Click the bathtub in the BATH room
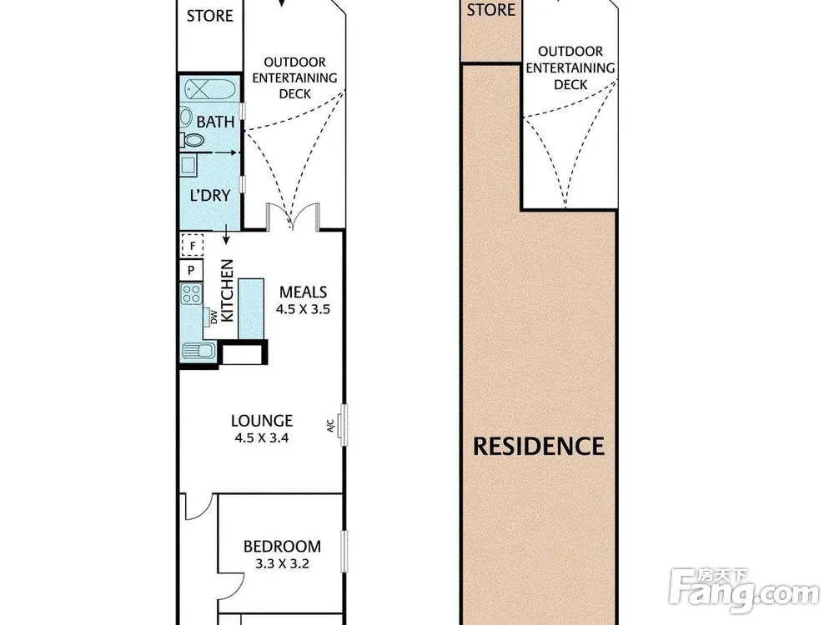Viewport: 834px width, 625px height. pyautogui.click(x=211, y=89)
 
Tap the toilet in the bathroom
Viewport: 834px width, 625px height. pyautogui.click(x=192, y=140)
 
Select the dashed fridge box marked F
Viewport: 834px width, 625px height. pyautogui.click(x=192, y=246)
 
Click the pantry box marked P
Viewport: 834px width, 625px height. pyautogui.click(x=191, y=271)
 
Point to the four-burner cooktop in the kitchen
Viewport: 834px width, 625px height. pyautogui.click(x=192, y=293)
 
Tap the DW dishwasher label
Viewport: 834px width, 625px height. pyautogui.click(x=214, y=317)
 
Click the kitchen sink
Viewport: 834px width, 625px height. pyautogui.click(x=198, y=350)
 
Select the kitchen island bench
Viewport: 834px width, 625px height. pyautogui.click(x=250, y=309)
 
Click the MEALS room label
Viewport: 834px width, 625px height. pyautogui.click(x=304, y=292)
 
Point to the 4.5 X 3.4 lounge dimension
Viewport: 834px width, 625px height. pyautogui.click(x=262, y=438)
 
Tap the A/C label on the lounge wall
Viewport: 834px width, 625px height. pyautogui.click(x=330, y=425)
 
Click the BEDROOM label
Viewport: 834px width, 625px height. pyautogui.click(x=282, y=547)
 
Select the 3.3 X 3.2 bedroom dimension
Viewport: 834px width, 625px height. pyautogui.click(x=282, y=564)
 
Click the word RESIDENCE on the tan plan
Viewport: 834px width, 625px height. pyautogui.click(x=539, y=447)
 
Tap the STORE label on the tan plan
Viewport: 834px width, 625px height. pyautogui.click(x=491, y=9)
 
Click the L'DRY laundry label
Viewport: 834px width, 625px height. pyautogui.click(x=210, y=196)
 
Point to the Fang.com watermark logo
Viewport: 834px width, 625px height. pyautogui.click(x=744, y=590)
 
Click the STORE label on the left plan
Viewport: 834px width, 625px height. pyautogui.click(x=209, y=16)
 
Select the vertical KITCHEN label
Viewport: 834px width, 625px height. pyautogui.click(x=227, y=290)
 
